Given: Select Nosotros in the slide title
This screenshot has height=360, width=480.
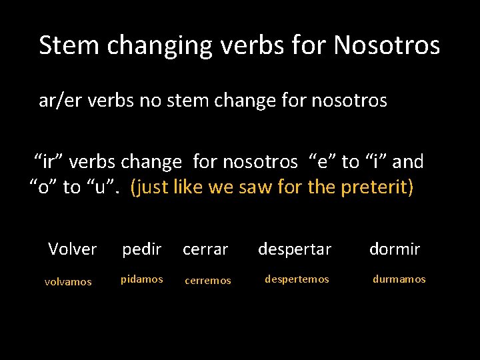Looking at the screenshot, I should [387, 45].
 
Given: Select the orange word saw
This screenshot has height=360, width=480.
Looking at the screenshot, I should [251, 187].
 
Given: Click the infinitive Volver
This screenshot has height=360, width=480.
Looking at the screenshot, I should [73, 249].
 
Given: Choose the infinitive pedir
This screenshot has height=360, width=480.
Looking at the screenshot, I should [141, 249].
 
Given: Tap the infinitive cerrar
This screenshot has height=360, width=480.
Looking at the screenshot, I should [205, 249].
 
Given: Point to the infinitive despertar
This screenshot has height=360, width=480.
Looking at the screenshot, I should [295, 249].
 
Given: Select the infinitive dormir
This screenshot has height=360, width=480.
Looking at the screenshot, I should [395, 249].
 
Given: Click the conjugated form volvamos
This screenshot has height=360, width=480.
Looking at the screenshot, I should [68, 281].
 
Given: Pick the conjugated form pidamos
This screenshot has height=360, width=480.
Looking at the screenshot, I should [141, 279].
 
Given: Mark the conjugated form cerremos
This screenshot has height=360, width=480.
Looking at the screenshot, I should [208, 281].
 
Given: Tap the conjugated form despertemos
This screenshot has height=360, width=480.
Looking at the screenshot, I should [297, 279].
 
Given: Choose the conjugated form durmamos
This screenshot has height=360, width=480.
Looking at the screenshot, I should [399, 279].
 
